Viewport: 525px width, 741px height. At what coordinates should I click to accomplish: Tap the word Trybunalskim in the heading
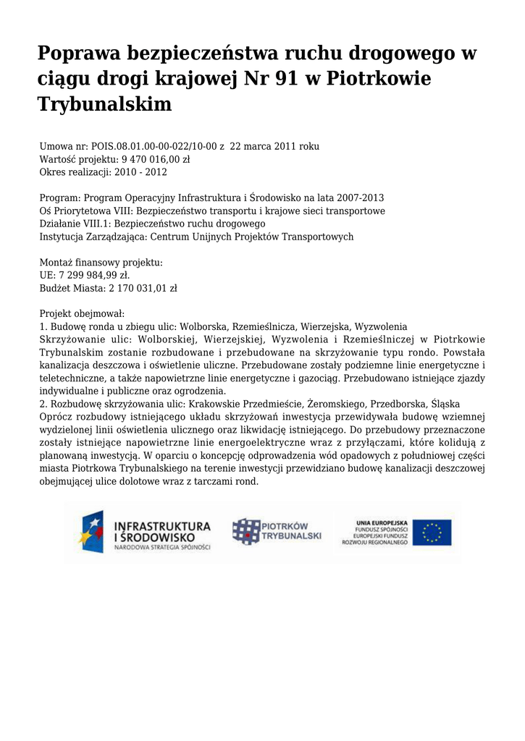(x=105, y=103)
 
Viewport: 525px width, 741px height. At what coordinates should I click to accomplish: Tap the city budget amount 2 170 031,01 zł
(x=143, y=288)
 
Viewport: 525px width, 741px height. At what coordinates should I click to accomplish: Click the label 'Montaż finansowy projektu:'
(x=101, y=262)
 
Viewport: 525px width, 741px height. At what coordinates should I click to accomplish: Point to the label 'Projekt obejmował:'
(x=82, y=314)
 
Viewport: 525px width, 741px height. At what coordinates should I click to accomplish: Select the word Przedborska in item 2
(x=400, y=404)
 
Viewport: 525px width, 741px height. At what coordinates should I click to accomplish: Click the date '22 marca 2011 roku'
(x=274, y=146)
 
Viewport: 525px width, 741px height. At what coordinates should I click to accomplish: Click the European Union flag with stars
(x=432, y=533)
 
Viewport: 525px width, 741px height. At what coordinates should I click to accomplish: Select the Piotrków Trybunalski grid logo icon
(x=245, y=532)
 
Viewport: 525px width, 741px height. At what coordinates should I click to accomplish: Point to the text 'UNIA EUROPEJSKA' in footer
(x=382, y=522)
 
